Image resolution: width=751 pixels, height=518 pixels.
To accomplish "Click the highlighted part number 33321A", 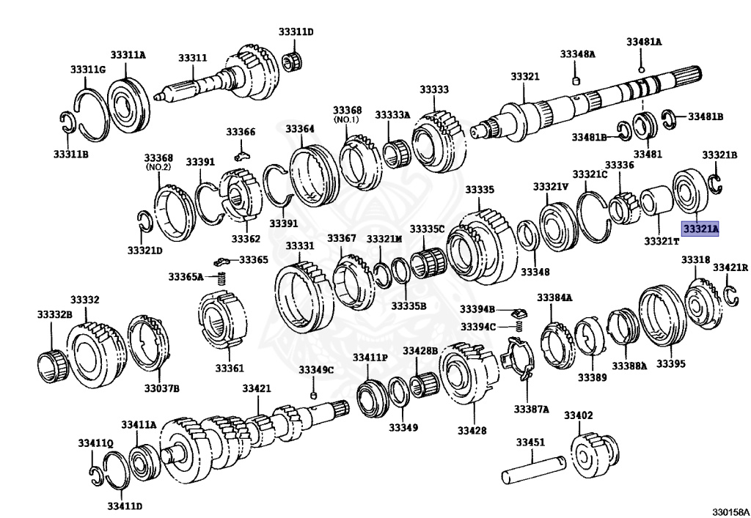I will click(x=700, y=229).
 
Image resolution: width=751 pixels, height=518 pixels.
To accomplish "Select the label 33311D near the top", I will click(x=295, y=32).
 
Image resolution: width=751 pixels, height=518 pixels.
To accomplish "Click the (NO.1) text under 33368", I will click(x=347, y=119).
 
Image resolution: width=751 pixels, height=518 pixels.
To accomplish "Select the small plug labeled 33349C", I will click(x=313, y=396).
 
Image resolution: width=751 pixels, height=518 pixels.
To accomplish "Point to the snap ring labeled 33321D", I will click(x=145, y=219).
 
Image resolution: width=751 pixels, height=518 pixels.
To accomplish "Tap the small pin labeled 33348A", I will click(x=576, y=78).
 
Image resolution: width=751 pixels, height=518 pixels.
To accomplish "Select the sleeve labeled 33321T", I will click(x=656, y=204).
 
